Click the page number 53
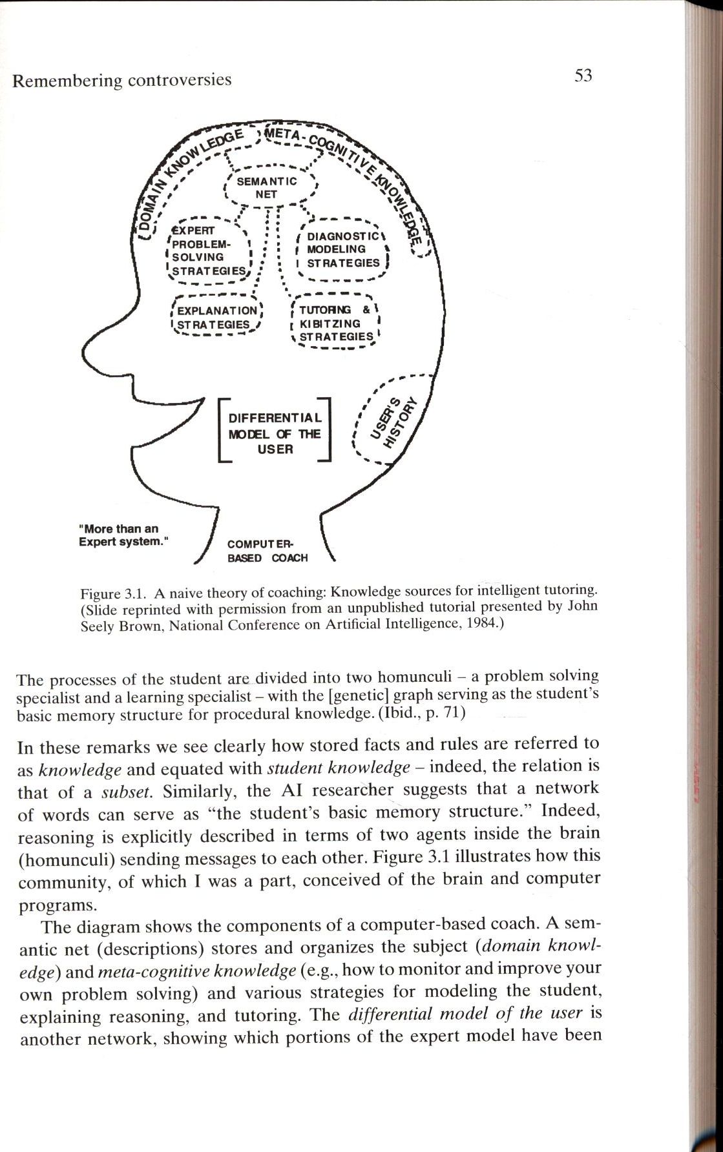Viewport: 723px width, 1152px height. point(583,76)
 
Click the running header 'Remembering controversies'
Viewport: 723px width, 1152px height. point(122,80)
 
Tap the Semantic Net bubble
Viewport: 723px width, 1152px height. point(267,187)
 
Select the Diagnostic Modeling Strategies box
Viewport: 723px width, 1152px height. point(343,250)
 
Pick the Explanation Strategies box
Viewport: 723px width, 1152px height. point(216,317)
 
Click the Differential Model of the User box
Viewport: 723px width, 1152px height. point(275,433)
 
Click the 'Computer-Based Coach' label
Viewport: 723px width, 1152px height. point(267,551)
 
